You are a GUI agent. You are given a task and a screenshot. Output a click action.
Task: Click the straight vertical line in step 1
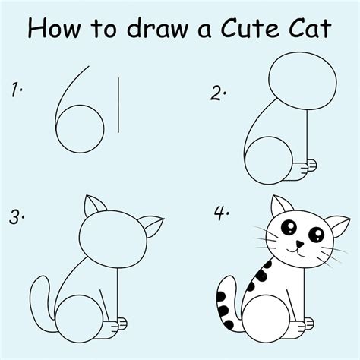pyautogui.click(x=118, y=103)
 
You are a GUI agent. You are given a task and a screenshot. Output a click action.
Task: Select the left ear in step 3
pyautogui.click(x=93, y=208)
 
